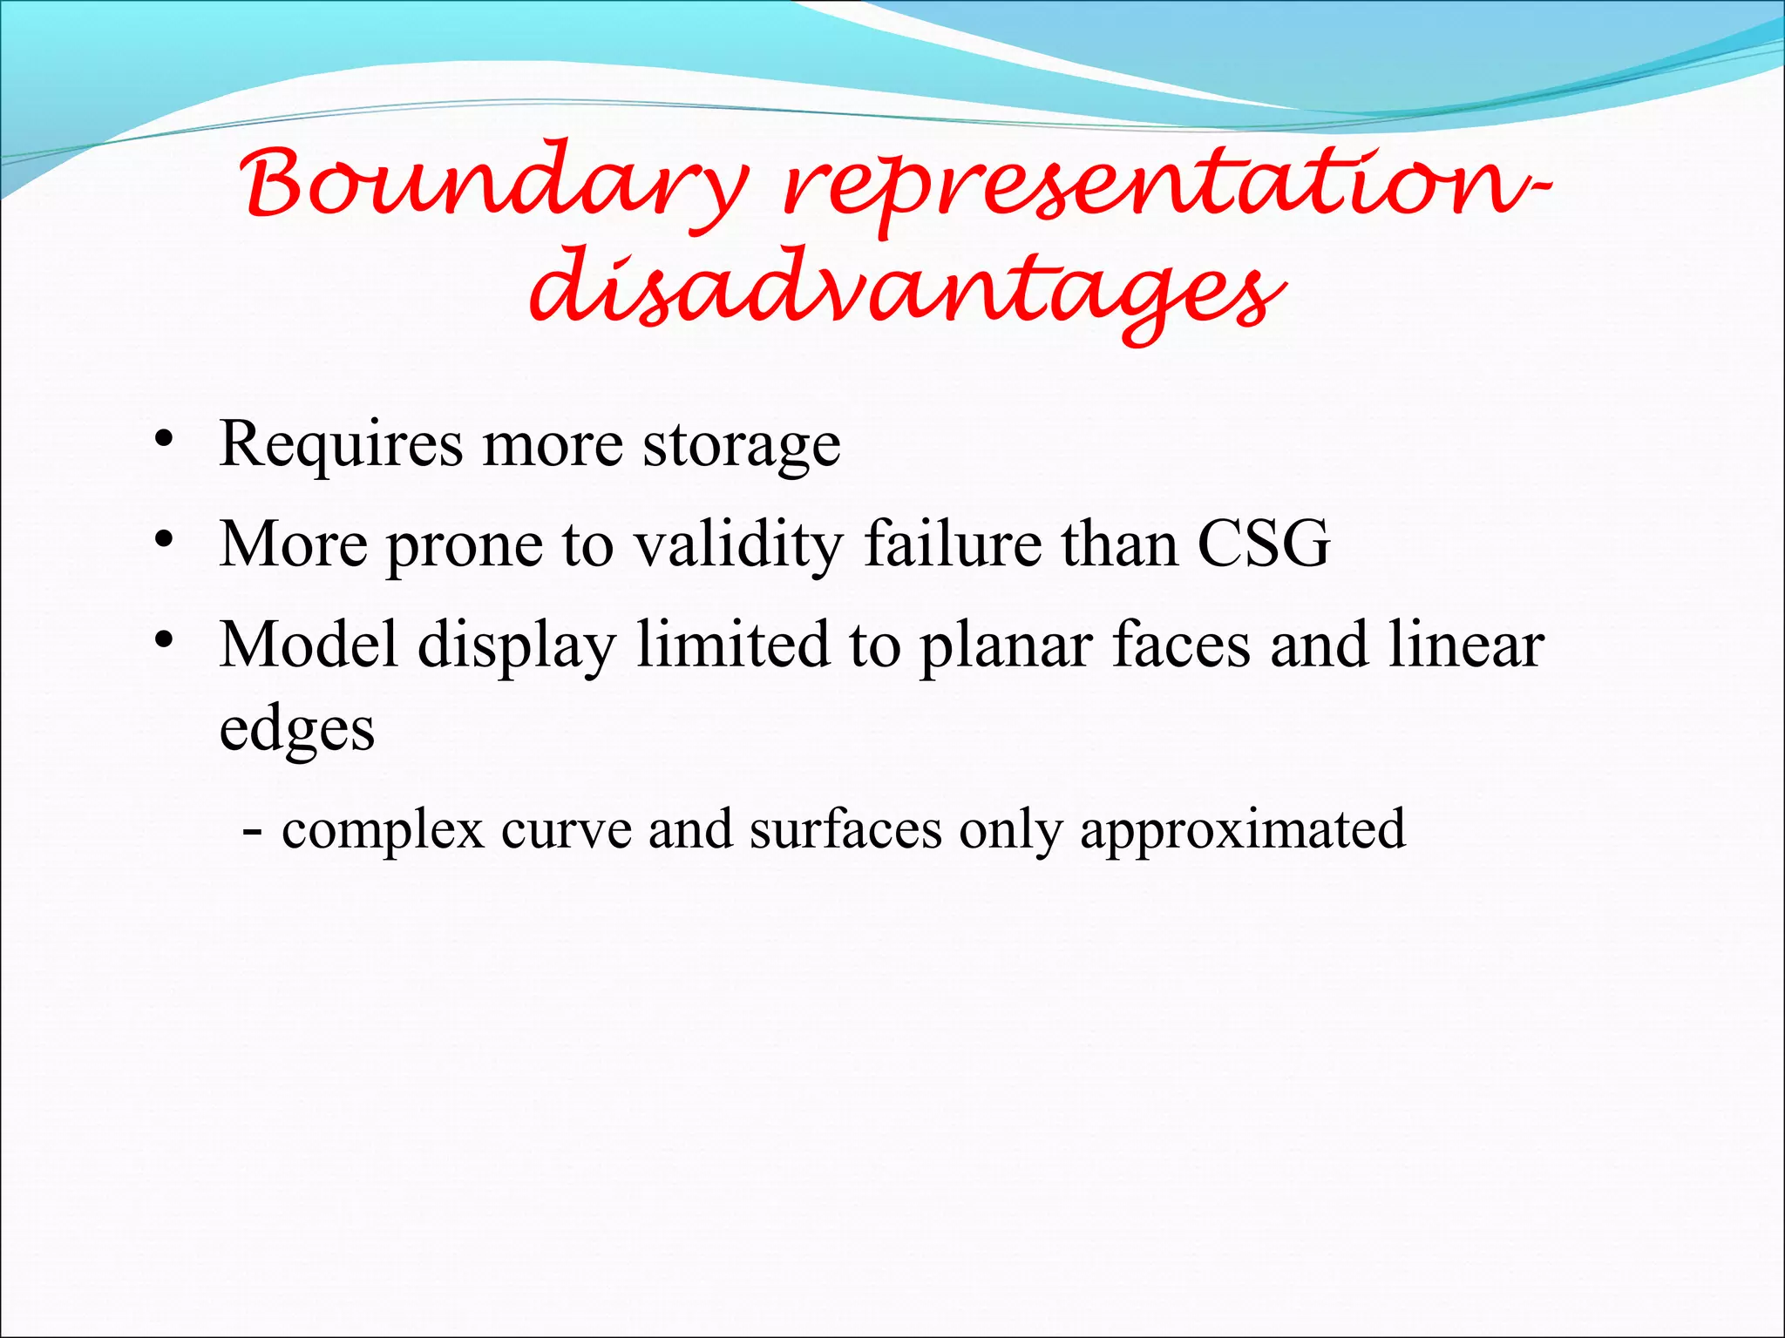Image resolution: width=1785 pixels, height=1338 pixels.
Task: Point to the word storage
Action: pos(742,447)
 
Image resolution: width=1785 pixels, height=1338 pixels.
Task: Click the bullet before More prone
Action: pos(162,539)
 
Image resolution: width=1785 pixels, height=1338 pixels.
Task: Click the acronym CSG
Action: pos(1264,544)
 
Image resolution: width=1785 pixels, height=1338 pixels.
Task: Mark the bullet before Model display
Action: pos(162,640)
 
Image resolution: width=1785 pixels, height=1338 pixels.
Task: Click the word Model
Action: pos(309,645)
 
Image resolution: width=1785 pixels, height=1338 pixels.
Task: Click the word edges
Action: pos(297,731)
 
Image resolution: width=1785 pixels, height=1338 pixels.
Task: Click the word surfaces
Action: pos(845,830)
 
